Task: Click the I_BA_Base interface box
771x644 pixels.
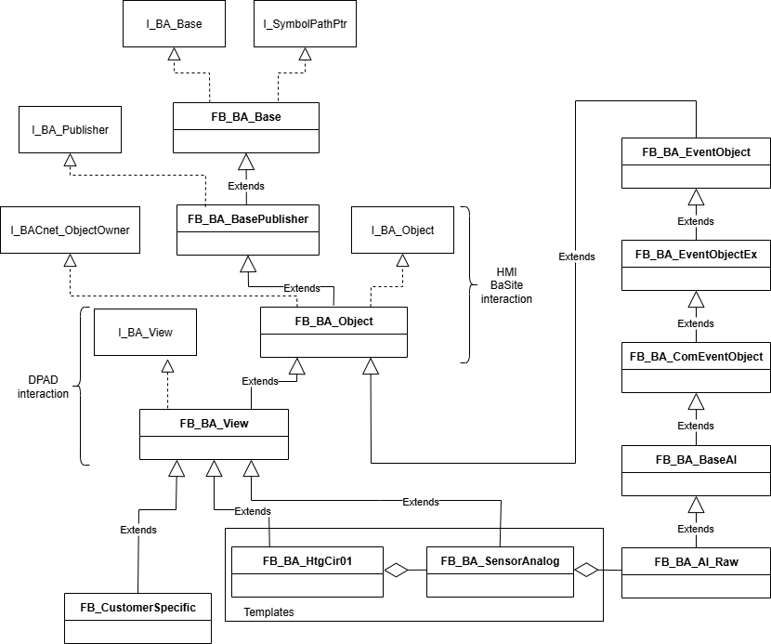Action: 174,24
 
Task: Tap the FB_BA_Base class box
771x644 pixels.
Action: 246,127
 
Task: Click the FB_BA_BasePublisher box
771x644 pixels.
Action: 247,230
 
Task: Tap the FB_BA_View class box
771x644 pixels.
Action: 214,434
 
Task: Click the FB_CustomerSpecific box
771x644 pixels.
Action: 137,618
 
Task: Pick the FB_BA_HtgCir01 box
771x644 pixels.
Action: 307,571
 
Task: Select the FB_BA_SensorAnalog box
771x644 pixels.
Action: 500,571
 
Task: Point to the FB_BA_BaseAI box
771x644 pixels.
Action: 696,470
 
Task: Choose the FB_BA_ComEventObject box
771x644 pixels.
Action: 696,367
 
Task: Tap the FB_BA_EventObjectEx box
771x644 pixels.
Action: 696,265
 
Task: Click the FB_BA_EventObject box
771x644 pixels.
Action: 696,163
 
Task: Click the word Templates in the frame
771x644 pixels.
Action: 268,612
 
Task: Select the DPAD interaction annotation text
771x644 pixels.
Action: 43,387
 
